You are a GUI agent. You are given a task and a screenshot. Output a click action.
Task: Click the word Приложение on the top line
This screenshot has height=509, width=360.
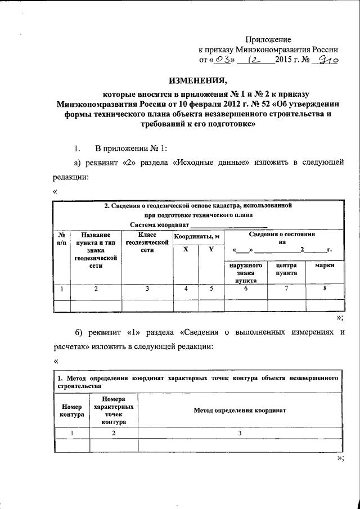click(x=268, y=40)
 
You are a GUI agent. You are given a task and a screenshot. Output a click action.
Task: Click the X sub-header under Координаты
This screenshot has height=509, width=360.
click(x=185, y=250)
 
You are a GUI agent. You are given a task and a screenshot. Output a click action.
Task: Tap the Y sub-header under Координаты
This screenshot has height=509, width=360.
click(x=211, y=250)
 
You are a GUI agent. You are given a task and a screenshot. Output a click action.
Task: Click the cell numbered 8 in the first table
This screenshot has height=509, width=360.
click(x=325, y=289)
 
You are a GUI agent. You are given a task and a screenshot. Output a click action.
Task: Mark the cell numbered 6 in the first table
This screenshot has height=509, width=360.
click(x=246, y=289)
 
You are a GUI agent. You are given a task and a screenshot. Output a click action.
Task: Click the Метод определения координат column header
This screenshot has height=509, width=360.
click(x=240, y=411)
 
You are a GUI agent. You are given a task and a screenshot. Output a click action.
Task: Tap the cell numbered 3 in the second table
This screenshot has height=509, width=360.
click(x=240, y=433)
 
